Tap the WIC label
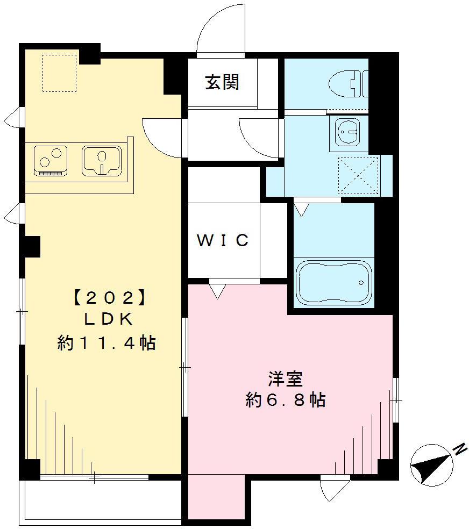[223, 240]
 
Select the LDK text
[108, 319]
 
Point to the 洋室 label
[285, 378]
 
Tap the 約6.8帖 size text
[285, 400]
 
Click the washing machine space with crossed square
[357, 175]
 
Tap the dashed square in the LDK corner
[60, 73]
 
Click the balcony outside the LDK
[102, 499]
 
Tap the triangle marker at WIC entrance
[217, 291]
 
